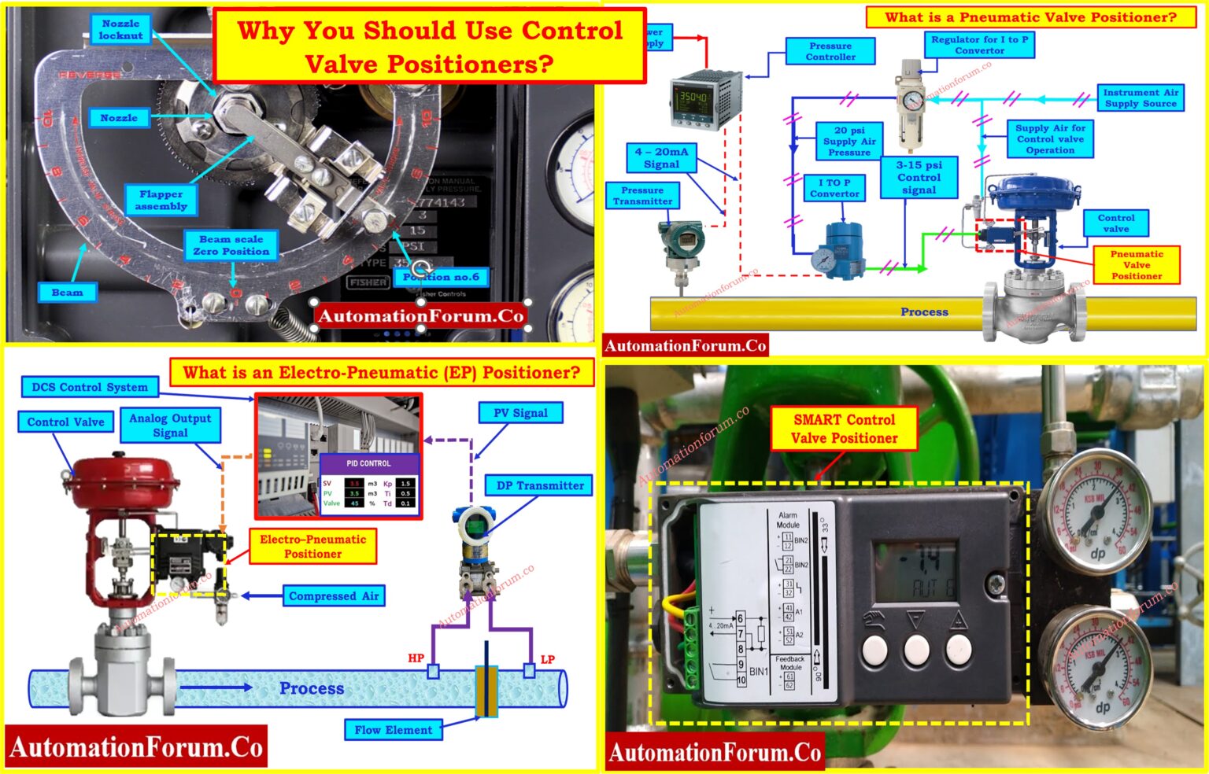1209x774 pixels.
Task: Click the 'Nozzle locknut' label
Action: click(120, 30)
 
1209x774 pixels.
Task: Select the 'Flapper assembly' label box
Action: click(161, 200)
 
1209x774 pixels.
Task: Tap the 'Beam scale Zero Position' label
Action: click(231, 245)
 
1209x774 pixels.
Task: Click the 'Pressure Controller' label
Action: click(830, 52)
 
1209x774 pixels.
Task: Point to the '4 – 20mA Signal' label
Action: click(661, 158)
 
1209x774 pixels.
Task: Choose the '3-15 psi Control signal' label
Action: click(919, 177)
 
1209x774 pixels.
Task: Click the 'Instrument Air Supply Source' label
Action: click(1141, 98)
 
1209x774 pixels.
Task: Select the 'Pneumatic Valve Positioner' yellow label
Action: click(1136, 265)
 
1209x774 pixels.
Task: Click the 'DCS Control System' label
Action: click(89, 387)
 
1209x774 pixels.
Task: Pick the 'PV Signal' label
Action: click(520, 413)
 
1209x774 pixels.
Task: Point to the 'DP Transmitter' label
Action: click(540, 486)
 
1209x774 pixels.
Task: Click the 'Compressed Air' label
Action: click(334, 596)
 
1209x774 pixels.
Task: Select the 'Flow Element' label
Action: click(393, 730)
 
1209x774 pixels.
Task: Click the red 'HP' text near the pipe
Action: click(416, 658)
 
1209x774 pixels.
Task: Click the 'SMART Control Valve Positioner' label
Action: click(844, 429)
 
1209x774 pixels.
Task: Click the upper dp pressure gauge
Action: click(1095, 513)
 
